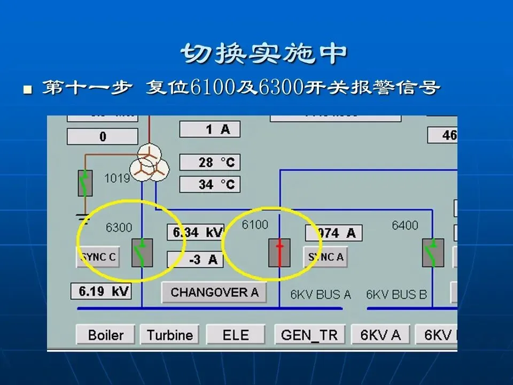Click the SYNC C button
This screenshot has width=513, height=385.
click(x=98, y=257)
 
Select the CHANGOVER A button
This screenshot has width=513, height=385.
click(x=214, y=292)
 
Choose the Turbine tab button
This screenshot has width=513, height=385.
click(x=169, y=335)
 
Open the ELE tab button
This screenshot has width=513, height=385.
click(x=236, y=335)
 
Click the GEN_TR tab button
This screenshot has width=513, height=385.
click(x=309, y=335)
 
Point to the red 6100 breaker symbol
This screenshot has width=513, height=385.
click(x=279, y=252)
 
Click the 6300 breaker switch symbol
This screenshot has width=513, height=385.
click(x=142, y=252)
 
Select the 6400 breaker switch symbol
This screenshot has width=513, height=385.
click(x=433, y=252)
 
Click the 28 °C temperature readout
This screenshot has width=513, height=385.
click(x=209, y=162)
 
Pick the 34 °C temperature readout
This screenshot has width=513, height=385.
click(x=209, y=184)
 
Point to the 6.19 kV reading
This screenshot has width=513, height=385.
click(x=101, y=291)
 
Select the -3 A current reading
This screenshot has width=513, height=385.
click(x=195, y=259)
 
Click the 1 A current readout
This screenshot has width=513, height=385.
click(x=209, y=129)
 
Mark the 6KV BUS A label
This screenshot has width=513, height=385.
click(x=321, y=294)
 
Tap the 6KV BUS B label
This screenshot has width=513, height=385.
click(x=397, y=294)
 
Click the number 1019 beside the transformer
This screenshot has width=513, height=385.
click(x=117, y=178)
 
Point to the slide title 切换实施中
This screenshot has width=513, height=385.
click(x=264, y=53)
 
